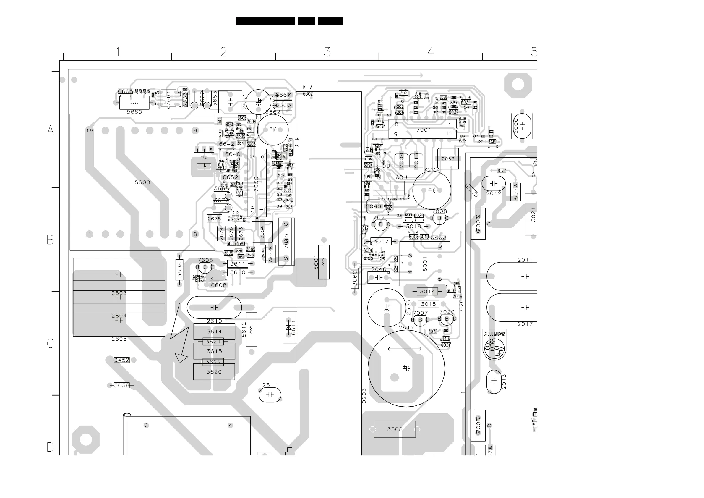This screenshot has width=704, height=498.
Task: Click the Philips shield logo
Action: pyautogui.click(x=494, y=345)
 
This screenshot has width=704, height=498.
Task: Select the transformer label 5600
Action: pyautogui.click(x=142, y=182)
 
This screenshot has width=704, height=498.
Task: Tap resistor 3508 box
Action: pyautogui.click(x=395, y=429)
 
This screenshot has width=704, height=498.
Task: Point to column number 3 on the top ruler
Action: pyautogui.click(x=327, y=51)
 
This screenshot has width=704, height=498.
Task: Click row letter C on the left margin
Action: pyautogui.click(x=50, y=343)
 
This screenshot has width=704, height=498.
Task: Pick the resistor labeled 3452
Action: pyautogui.click(x=122, y=360)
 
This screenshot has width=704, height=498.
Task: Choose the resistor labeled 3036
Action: pyautogui.click(x=122, y=385)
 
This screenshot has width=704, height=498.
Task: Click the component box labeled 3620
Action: pyautogui.click(x=214, y=372)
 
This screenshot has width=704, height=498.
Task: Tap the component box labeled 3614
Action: pyautogui.click(x=214, y=332)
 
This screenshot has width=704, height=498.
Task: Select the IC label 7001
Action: pyautogui.click(x=424, y=130)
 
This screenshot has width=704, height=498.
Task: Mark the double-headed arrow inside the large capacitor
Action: pyautogui.click(x=404, y=349)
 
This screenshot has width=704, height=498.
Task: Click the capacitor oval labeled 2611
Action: pyautogui.click(x=270, y=395)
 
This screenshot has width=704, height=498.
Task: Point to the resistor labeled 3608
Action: pyautogui.click(x=179, y=270)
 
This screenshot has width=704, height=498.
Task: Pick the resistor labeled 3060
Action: pyautogui.click(x=355, y=278)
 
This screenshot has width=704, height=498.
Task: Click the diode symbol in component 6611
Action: pyautogui.click(x=288, y=327)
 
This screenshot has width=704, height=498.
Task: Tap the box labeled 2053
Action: pyautogui.click(x=448, y=159)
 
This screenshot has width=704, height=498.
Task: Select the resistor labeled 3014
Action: pyautogui.click(x=427, y=292)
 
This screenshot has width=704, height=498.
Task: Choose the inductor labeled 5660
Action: pyautogui.click(x=134, y=103)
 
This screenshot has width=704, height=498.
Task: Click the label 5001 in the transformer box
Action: pyautogui.click(x=425, y=264)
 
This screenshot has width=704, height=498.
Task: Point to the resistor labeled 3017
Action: pyautogui.click(x=381, y=242)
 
